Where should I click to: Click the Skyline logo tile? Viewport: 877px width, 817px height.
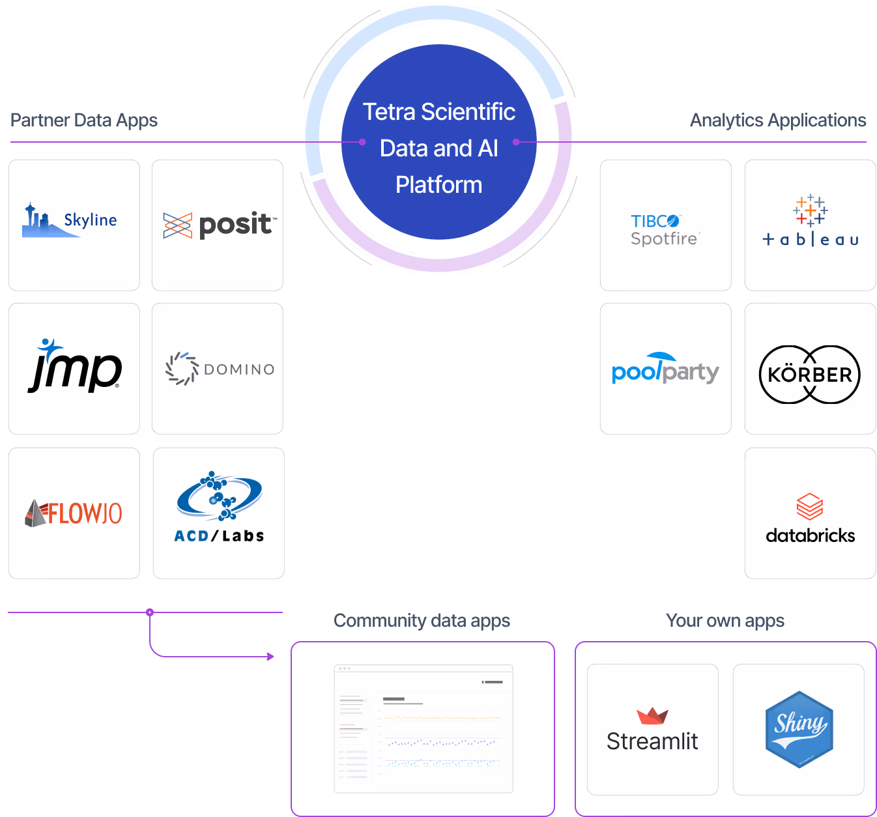tap(74, 225)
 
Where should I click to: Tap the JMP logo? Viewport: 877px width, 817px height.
tap(74, 368)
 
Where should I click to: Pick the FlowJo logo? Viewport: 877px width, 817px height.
tap(74, 513)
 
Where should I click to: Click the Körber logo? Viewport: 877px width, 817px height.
tap(810, 375)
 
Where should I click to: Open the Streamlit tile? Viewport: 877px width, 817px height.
tap(652, 729)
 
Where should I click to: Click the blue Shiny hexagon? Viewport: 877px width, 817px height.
tap(799, 729)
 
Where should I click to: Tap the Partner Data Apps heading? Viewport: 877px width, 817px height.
tap(84, 121)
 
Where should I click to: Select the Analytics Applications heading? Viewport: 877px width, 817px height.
tap(778, 121)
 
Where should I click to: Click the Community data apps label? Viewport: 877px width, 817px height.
tap(422, 621)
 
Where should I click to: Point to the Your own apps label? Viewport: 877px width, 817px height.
tap(725, 621)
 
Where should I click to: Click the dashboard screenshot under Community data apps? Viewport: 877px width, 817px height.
tap(424, 728)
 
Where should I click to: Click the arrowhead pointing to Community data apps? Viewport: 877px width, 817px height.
tap(271, 656)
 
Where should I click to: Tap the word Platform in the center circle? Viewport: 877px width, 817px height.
tap(438, 185)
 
